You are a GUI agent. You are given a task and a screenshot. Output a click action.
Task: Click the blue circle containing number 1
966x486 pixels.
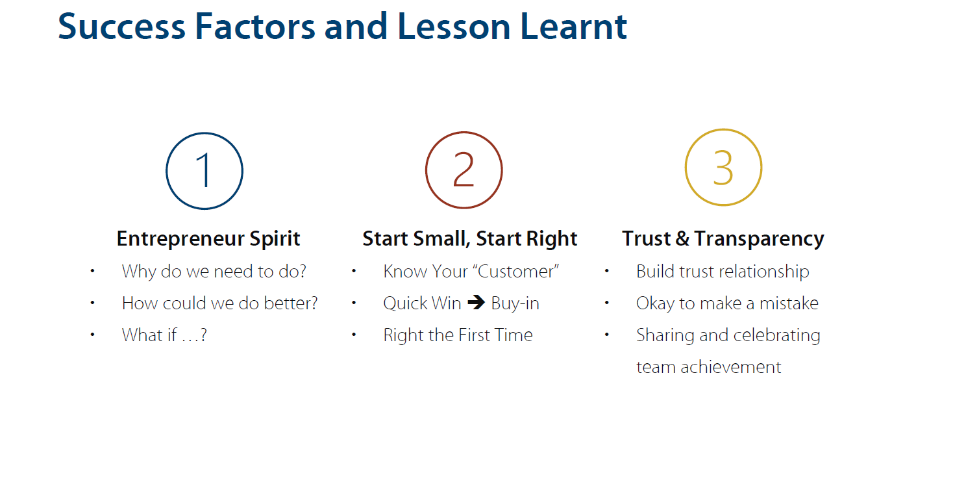(x=166, y=171)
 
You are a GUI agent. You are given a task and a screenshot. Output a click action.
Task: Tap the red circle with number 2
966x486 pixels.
(x=426, y=170)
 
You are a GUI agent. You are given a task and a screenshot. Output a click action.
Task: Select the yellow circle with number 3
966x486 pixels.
(x=686, y=168)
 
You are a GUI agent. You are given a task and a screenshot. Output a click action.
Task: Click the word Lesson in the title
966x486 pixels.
(x=454, y=27)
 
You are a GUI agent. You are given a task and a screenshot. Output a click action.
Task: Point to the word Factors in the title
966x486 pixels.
(x=255, y=27)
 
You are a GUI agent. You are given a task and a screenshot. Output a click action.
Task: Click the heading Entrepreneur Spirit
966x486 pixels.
(x=208, y=238)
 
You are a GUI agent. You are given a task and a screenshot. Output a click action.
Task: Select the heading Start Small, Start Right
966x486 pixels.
(x=469, y=238)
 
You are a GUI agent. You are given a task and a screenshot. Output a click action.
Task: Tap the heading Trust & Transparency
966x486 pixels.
(x=723, y=238)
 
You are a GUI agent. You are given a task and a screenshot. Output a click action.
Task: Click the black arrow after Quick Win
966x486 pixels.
(x=476, y=302)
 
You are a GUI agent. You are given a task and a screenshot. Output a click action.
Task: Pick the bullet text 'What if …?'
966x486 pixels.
(x=164, y=335)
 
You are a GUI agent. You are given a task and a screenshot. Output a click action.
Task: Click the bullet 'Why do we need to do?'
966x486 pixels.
(x=214, y=272)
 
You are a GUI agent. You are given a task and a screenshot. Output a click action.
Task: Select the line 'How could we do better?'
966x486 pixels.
(x=219, y=303)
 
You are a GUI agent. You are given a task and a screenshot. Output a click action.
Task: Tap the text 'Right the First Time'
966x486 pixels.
(x=458, y=335)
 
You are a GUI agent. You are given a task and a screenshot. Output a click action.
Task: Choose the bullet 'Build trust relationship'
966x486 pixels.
(x=723, y=272)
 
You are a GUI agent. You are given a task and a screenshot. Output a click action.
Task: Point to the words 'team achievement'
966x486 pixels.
(x=708, y=367)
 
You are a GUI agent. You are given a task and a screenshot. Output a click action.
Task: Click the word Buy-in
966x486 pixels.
(x=515, y=303)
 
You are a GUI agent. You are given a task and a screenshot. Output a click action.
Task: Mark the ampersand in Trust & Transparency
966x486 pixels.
(x=682, y=238)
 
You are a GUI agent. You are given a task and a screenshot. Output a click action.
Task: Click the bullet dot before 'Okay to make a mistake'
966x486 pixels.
(x=607, y=303)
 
